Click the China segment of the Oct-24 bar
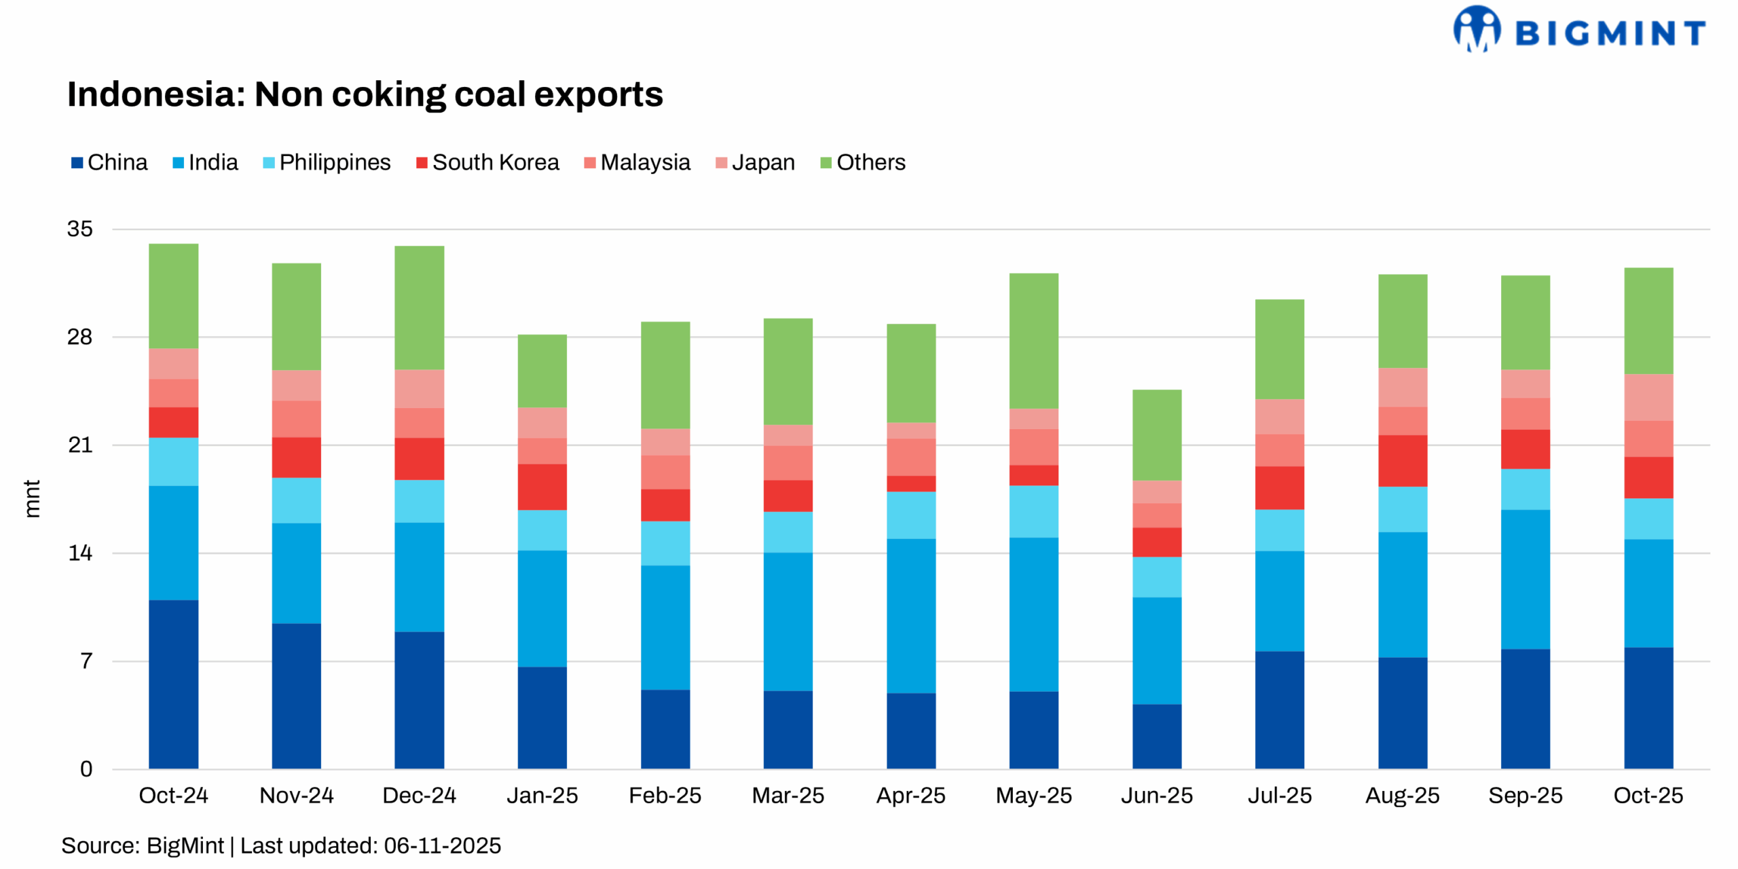click(x=173, y=684)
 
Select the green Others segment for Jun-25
click(x=1156, y=434)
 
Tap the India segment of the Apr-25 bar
click(x=910, y=615)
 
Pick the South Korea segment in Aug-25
click(x=1402, y=460)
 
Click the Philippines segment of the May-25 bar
click(x=1033, y=511)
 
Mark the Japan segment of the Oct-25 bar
click(x=1648, y=397)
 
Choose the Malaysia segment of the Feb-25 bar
click(x=665, y=472)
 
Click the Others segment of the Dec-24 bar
click(x=419, y=307)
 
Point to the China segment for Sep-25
click(x=1525, y=708)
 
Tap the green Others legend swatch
click(x=826, y=163)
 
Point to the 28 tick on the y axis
click(x=79, y=337)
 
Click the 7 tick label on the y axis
click(x=86, y=661)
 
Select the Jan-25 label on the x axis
click(x=542, y=795)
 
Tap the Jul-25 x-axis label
click(x=1279, y=795)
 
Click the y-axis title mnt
click(x=32, y=498)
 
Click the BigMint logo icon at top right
click(x=1476, y=29)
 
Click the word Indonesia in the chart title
click(x=155, y=94)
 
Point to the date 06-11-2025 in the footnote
click(x=442, y=845)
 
